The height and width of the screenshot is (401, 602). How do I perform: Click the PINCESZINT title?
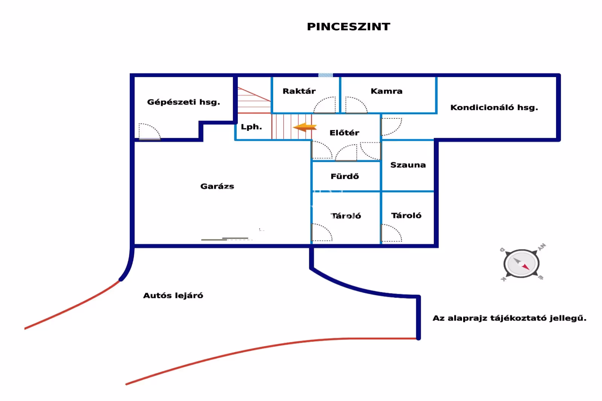click(348, 27)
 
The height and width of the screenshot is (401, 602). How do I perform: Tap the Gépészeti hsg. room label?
click(183, 102)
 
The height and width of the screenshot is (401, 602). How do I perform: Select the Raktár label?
click(299, 91)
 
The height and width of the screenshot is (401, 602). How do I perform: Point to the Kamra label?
click(386, 91)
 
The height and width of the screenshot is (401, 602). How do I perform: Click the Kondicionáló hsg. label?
click(494, 108)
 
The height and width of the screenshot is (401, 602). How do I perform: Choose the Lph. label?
click(251, 127)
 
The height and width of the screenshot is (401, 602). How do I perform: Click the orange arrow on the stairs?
click(305, 127)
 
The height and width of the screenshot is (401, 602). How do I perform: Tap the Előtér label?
click(344, 133)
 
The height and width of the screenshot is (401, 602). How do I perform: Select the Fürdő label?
click(345, 176)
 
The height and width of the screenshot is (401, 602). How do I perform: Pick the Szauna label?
click(408, 165)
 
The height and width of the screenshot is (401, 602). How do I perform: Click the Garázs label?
click(217, 186)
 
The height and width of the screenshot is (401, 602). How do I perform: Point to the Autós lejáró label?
click(173, 296)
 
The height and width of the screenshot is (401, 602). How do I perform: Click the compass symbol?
click(521, 263)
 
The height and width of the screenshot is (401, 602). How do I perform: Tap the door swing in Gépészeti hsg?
click(149, 131)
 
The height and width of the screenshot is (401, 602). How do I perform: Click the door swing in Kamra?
click(356, 105)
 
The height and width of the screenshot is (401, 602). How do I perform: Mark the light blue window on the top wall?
click(325, 75)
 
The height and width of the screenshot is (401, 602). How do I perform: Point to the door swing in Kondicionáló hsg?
click(391, 126)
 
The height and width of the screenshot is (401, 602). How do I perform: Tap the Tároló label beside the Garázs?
click(346, 216)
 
